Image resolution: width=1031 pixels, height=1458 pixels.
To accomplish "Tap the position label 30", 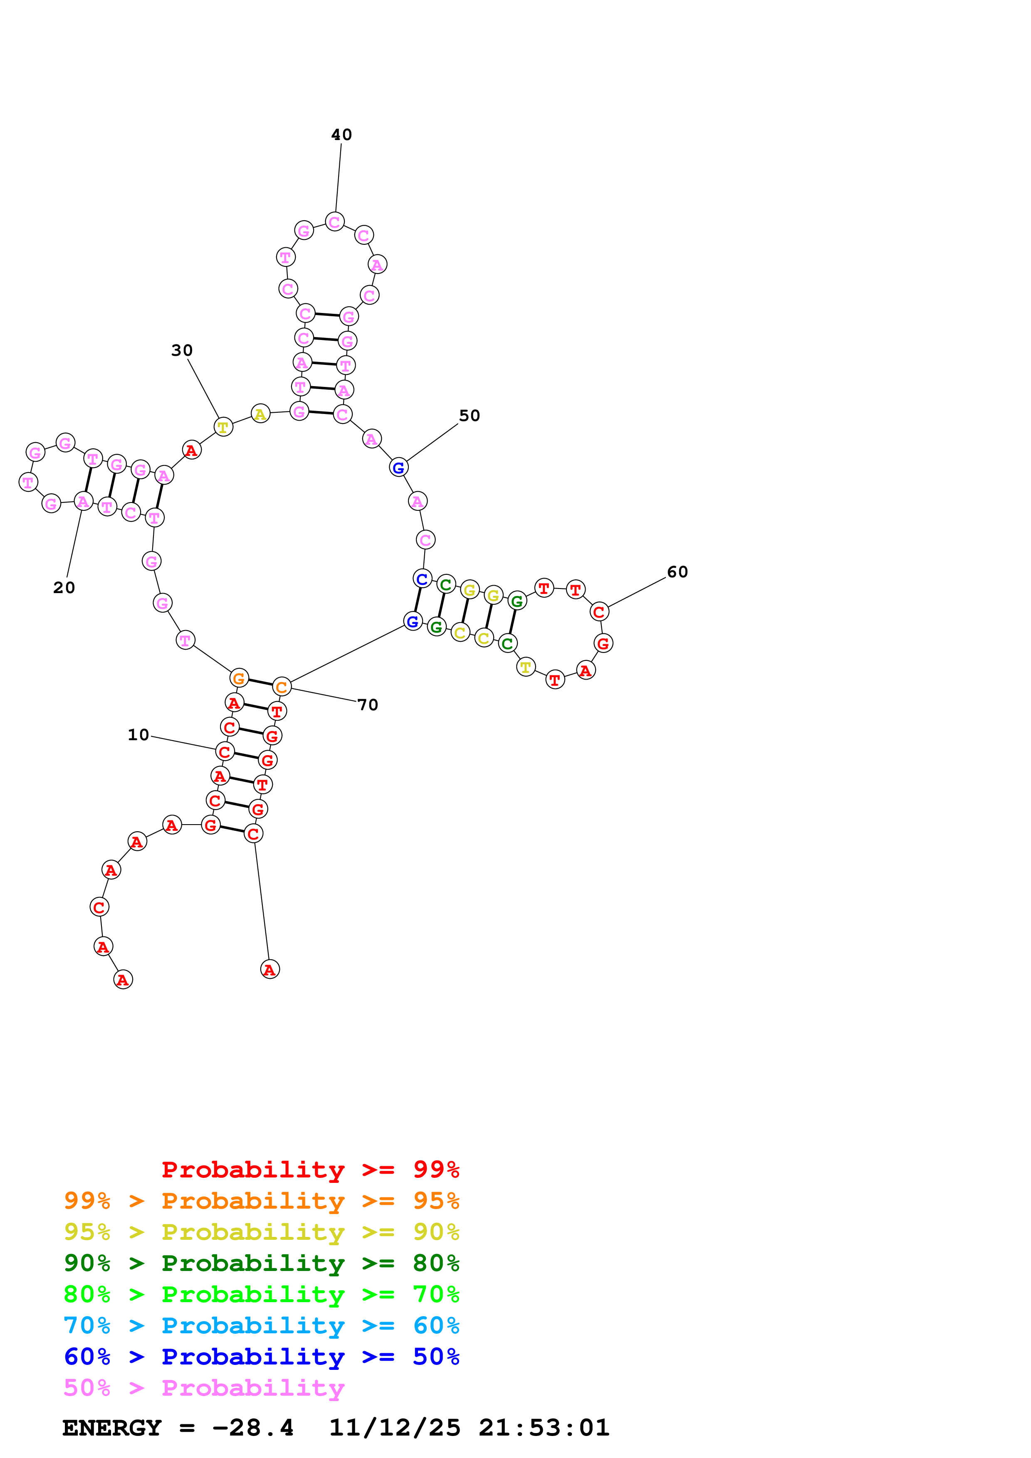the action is [182, 350].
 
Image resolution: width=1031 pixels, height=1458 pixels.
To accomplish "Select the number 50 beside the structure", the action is [470, 416].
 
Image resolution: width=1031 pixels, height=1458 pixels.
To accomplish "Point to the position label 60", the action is [677, 572].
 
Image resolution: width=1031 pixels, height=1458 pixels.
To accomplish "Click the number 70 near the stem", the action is [368, 705].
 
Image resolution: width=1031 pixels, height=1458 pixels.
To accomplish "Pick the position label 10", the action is [138, 735].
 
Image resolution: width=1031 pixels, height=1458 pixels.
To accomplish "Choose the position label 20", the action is [64, 588].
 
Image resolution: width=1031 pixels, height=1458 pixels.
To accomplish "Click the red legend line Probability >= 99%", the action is [310, 1169].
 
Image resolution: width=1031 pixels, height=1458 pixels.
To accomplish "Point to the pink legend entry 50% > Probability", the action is [204, 1387].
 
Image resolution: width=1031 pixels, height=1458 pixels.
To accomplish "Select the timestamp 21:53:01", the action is [544, 1428].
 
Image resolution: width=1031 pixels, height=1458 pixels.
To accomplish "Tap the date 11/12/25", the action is [395, 1428].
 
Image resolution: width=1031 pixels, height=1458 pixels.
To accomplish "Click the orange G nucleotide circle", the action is [239, 678].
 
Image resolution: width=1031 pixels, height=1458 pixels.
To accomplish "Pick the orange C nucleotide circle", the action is [282, 687].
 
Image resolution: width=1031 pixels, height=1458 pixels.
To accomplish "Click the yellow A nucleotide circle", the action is [260, 414].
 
